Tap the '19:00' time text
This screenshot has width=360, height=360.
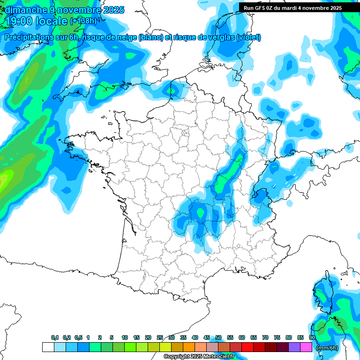click(x=18, y=21)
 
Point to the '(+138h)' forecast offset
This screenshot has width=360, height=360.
click(x=83, y=21)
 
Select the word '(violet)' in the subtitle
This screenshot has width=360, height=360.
click(x=248, y=37)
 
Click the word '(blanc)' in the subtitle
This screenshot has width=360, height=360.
click(x=150, y=37)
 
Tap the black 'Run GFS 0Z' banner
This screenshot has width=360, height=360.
click(x=292, y=7)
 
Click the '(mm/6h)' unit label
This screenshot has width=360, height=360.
click(x=327, y=348)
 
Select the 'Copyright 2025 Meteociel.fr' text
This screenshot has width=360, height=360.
click(x=199, y=357)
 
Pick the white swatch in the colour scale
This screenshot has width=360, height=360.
click(x=48, y=347)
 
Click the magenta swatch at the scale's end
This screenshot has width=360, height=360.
click(x=307, y=347)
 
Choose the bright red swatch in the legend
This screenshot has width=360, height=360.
click(x=247, y=347)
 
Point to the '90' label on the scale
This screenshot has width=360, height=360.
click(x=312, y=337)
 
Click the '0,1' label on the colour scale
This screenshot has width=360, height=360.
click(x=54, y=337)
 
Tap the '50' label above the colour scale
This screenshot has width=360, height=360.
click(x=218, y=337)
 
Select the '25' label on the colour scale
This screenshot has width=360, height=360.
click(x=160, y=337)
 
